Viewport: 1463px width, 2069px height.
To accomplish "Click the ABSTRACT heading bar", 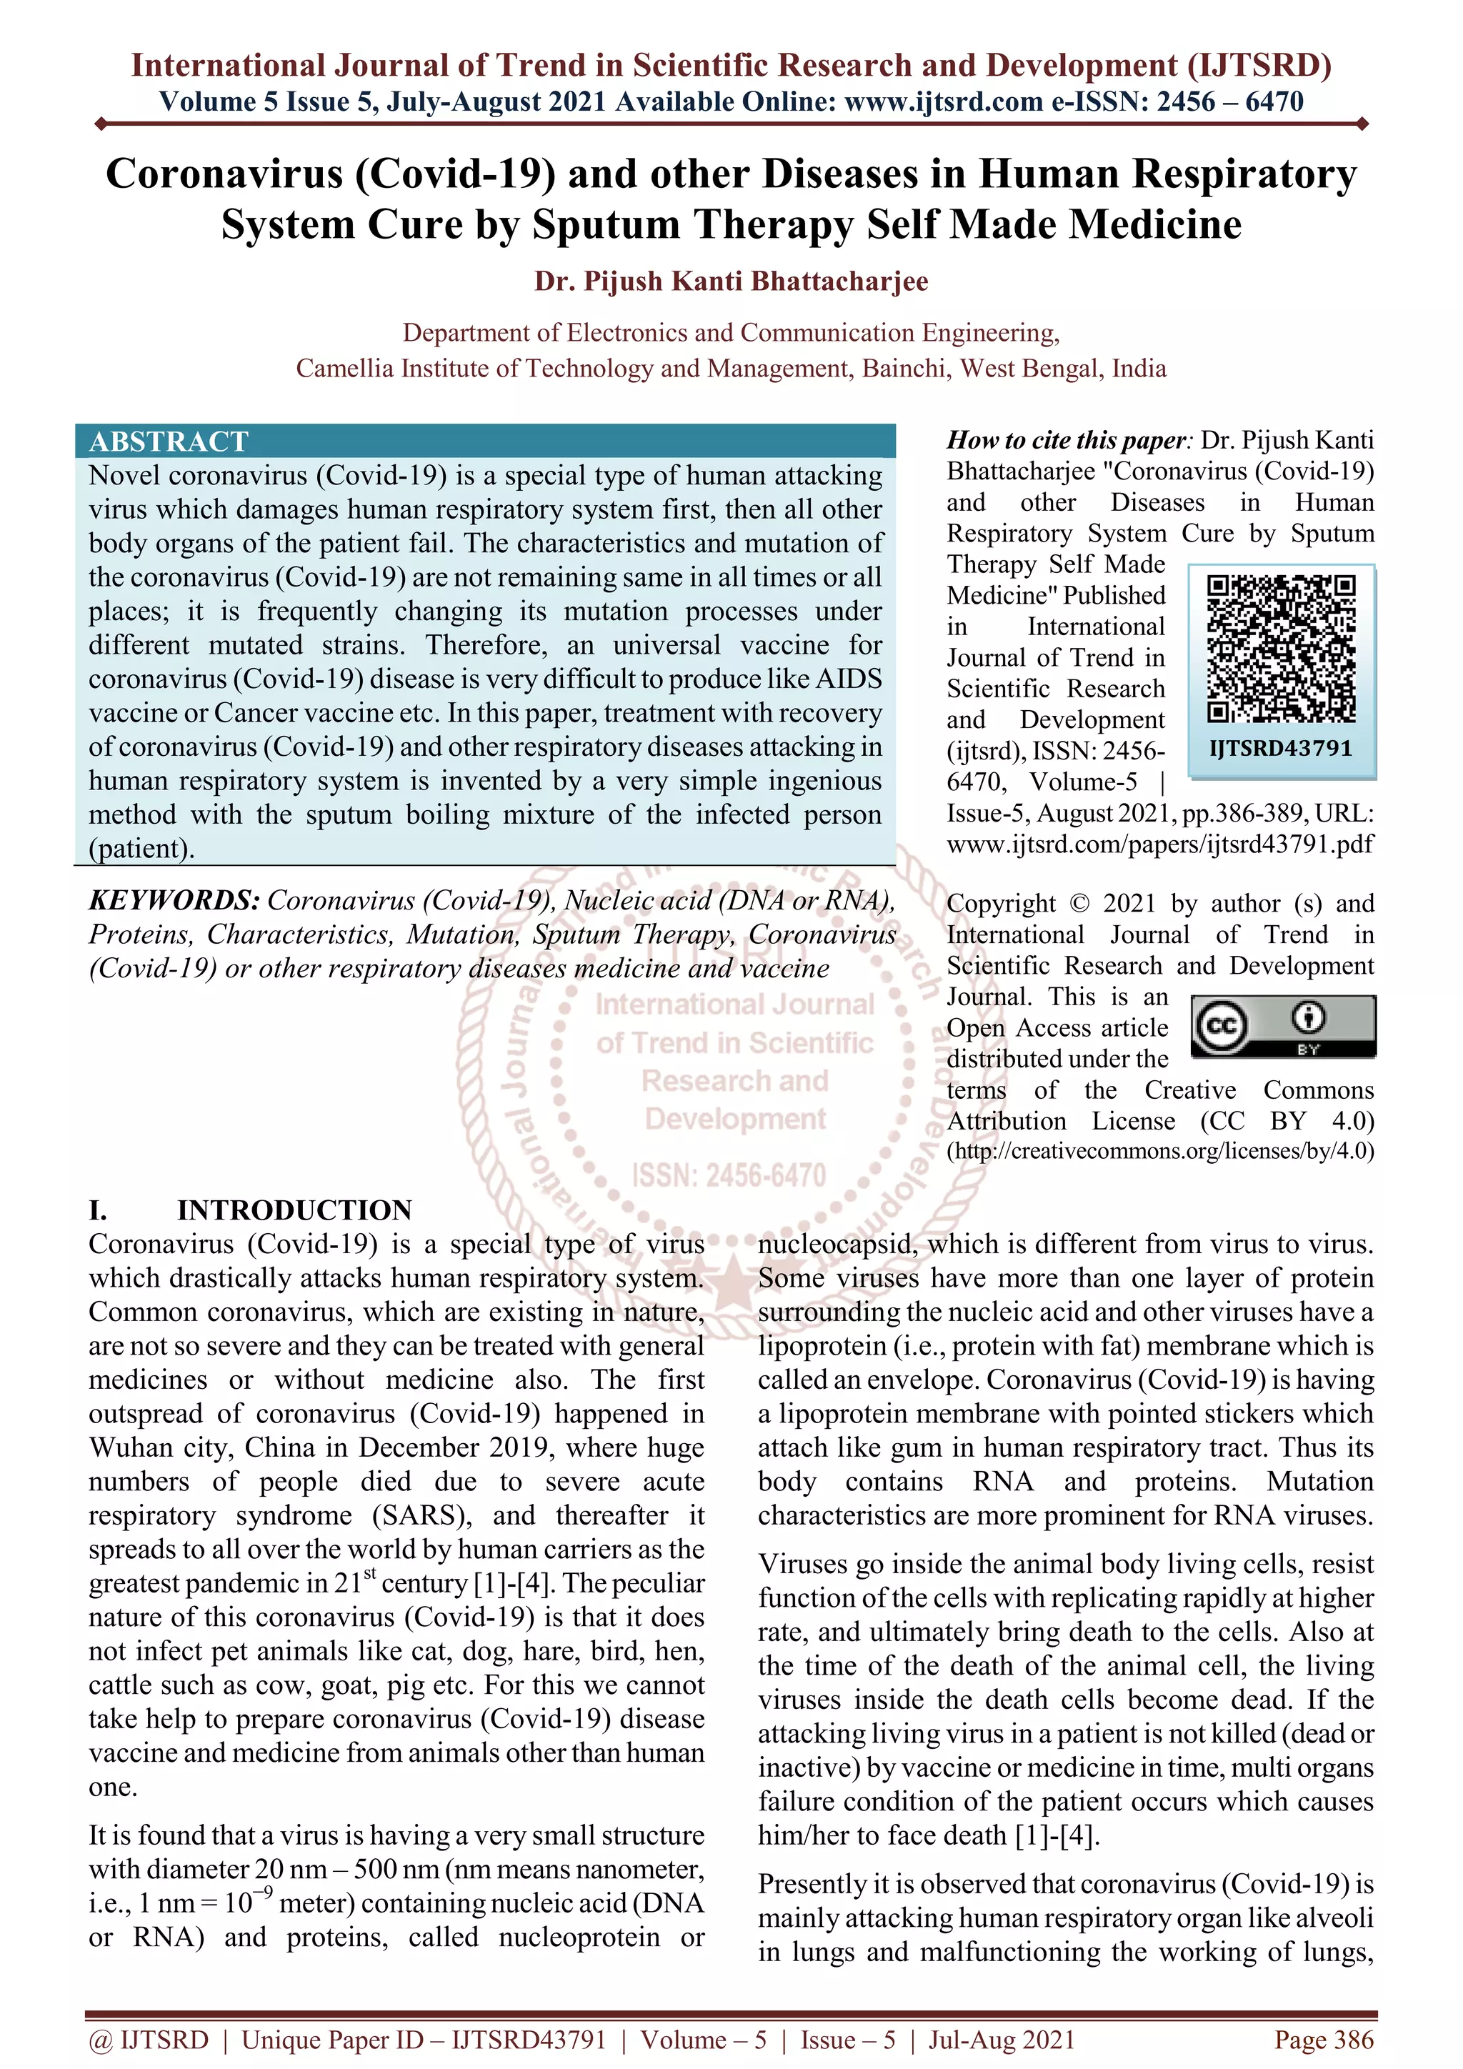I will (x=484, y=441).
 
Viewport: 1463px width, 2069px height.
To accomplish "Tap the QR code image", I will (x=1281, y=649).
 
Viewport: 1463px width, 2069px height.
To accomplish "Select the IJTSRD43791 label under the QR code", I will (x=1280, y=748).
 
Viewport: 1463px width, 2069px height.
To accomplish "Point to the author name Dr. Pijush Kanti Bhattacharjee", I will (x=731, y=281).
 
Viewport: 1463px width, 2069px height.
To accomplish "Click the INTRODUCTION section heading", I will (x=294, y=1210).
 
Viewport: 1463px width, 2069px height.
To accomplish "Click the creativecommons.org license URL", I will (x=1159, y=1151).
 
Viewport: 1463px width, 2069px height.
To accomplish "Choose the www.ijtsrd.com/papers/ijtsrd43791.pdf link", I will (x=1159, y=844).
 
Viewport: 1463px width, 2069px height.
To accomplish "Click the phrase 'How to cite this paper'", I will (x=1067, y=440).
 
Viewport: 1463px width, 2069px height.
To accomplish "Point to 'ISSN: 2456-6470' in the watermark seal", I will (x=728, y=1175).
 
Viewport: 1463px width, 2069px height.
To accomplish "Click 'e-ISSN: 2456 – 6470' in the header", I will (x=1177, y=102).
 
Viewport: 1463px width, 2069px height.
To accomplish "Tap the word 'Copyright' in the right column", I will (x=1000, y=903).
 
